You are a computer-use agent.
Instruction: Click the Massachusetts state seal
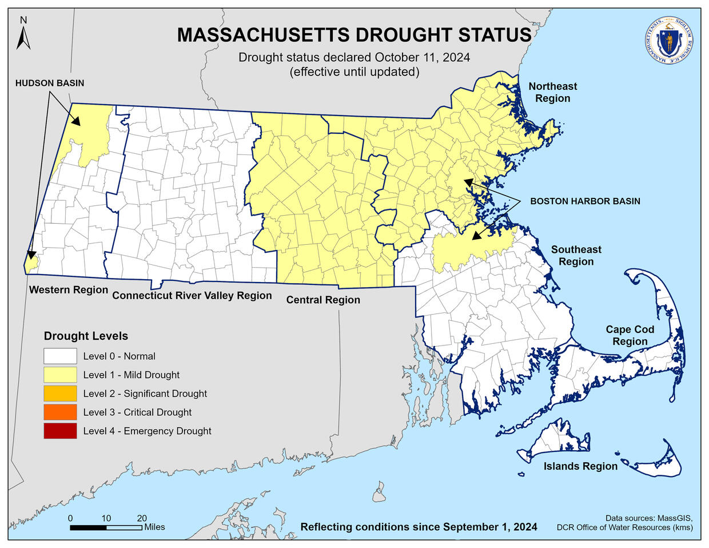point(668,41)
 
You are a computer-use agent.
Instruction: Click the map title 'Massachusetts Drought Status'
point(354,35)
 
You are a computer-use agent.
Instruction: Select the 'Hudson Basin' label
point(50,84)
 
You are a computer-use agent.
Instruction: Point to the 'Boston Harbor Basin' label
point(585,201)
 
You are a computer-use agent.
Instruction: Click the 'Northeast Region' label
point(552,92)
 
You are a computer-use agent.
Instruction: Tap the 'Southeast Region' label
point(576,255)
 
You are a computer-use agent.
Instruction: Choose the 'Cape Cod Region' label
point(630,335)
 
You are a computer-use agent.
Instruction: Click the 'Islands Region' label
point(580,466)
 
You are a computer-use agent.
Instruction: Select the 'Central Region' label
point(323,300)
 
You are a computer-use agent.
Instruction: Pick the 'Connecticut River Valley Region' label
point(192,295)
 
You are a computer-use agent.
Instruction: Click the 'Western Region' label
point(69,289)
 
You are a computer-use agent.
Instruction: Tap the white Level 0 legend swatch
point(60,356)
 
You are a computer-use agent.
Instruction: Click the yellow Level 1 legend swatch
point(60,375)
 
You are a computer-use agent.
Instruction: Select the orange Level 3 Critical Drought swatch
point(60,412)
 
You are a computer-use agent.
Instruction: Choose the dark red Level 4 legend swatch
point(60,431)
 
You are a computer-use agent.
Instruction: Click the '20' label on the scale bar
point(142,518)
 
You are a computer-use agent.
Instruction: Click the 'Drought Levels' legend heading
point(86,336)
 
